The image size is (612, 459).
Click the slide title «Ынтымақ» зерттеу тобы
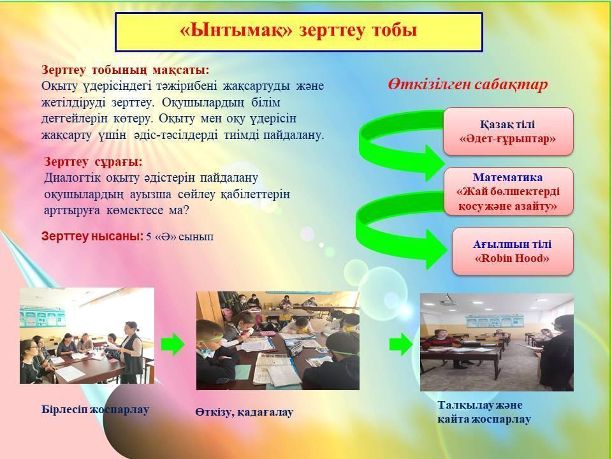[x=298, y=31]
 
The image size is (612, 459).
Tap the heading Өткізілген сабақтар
[x=468, y=84]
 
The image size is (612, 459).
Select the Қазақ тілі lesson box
[x=508, y=131]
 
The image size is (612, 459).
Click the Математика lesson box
[x=508, y=191]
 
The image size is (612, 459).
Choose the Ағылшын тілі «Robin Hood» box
[x=513, y=251]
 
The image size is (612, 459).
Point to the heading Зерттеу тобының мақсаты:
[x=126, y=70]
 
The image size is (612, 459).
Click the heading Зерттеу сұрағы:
[x=93, y=161]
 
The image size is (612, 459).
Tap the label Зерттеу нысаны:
[x=92, y=237]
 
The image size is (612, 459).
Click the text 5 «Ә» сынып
[x=180, y=237]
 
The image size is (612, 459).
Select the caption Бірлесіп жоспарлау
[x=95, y=410]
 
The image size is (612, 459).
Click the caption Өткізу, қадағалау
[x=244, y=412]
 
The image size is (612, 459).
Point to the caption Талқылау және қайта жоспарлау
[x=484, y=412]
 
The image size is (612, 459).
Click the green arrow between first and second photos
[x=173, y=344]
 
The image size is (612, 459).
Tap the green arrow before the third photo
[x=401, y=344]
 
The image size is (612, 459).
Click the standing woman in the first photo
[x=131, y=353]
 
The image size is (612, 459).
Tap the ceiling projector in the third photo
[x=448, y=300]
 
